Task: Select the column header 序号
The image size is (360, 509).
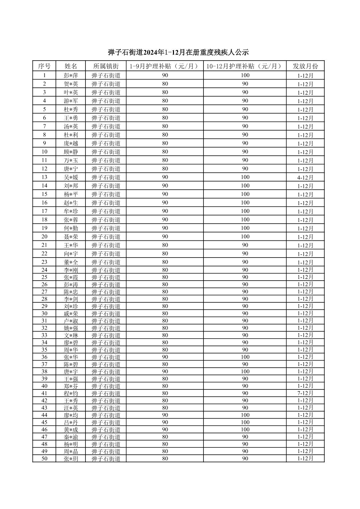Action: [x=44, y=66]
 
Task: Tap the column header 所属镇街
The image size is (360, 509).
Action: [x=106, y=66]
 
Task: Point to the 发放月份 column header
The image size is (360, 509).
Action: [x=305, y=66]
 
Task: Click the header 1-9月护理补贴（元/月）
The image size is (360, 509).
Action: [x=165, y=66]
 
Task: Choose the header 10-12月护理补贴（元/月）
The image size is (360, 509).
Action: [x=245, y=66]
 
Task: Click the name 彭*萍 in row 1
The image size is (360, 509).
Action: [x=71, y=75]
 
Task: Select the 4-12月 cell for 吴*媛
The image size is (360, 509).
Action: [x=305, y=177]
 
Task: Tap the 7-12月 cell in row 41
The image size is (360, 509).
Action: [x=305, y=393]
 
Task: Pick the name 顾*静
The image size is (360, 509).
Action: [x=71, y=152]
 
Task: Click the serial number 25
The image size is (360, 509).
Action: [x=44, y=277]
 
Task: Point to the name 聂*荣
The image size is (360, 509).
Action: [x=71, y=237]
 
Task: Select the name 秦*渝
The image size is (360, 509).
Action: [x=71, y=437]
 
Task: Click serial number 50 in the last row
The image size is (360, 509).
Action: [x=44, y=459]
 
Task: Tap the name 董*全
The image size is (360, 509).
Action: [x=71, y=262]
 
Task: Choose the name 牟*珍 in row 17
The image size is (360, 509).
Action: [x=71, y=211]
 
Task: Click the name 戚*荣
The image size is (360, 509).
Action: [x=71, y=313]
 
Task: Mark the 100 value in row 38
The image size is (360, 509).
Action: [x=245, y=371]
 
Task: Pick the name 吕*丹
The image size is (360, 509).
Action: [x=71, y=422]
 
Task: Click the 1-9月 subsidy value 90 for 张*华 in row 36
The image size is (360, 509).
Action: [x=165, y=357]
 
